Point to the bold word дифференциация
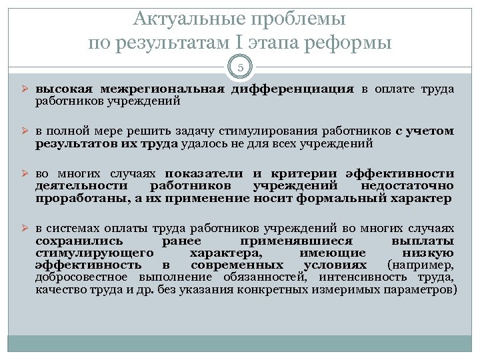pos(293,89)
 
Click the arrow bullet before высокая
pos(22,89)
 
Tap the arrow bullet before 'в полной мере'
pos(22,131)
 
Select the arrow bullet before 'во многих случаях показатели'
pos(22,173)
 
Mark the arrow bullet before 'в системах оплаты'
pos(22,229)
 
